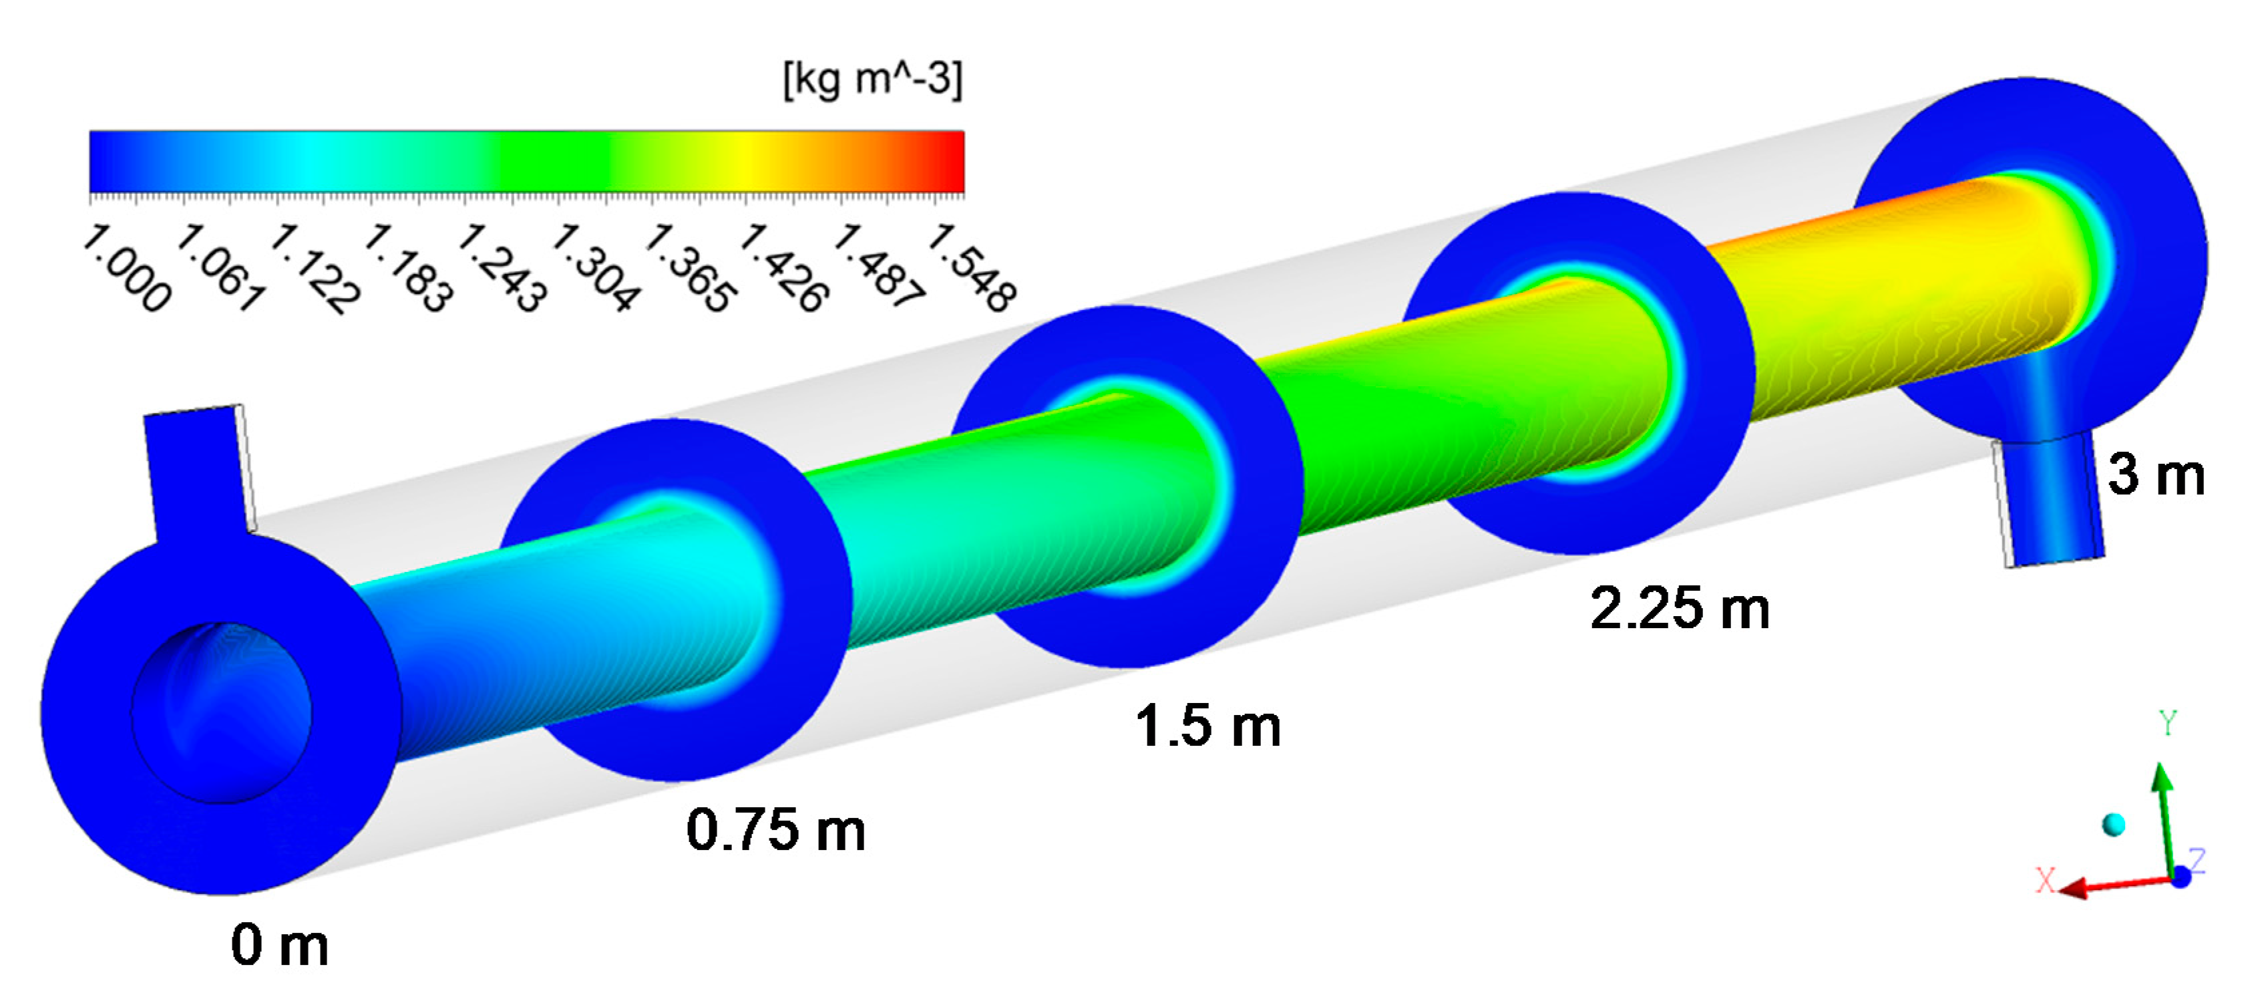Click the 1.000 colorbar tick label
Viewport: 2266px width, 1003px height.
pos(128,269)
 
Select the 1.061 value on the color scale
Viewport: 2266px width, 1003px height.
pos(222,269)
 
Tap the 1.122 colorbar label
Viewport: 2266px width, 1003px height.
pos(316,269)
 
